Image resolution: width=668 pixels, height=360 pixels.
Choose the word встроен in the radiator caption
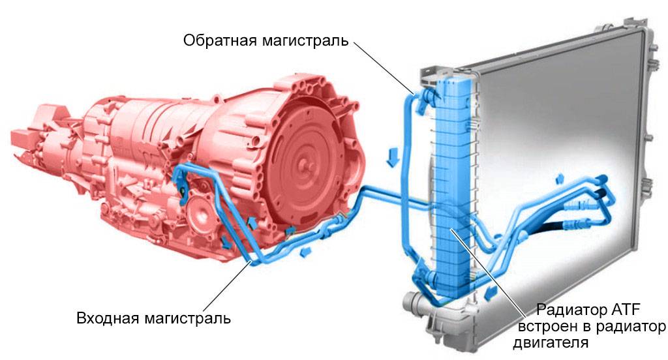point(547,325)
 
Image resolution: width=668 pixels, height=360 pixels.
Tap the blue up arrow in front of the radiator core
point(559,177)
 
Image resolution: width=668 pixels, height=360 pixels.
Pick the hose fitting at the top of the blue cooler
point(430,94)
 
